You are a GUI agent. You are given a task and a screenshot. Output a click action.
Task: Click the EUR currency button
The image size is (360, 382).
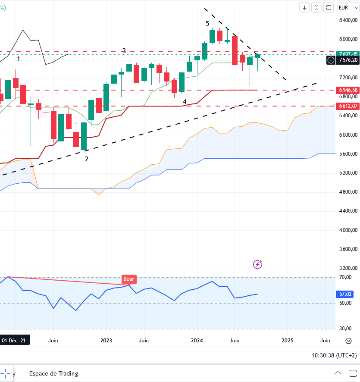(x=343, y=7)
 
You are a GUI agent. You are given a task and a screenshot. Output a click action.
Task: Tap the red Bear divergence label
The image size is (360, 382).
(x=129, y=279)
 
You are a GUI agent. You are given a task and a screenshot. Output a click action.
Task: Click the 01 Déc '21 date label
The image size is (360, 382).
(x=16, y=340)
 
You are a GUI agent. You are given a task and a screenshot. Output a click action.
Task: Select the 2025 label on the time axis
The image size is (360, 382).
(x=288, y=340)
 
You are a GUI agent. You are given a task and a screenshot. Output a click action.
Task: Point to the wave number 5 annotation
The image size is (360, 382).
(x=207, y=23)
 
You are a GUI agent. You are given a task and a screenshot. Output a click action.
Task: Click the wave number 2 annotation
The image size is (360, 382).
(x=87, y=159)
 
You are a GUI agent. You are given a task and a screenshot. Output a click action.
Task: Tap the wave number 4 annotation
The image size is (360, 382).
(x=185, y=102)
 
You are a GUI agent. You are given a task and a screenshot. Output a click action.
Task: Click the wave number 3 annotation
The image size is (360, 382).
(x=124, y=51)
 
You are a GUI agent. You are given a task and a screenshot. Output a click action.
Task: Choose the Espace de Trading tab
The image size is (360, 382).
(x=53, y=373)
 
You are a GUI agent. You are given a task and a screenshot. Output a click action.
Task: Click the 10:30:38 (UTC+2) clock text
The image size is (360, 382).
(x=334, y=355)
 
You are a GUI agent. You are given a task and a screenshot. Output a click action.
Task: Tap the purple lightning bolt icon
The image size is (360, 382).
(x=258, y=264)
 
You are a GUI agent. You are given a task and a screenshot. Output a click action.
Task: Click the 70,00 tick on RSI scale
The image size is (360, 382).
(x=346, y=277)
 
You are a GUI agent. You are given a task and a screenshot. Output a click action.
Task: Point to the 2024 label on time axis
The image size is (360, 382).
(x=197, y=340)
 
